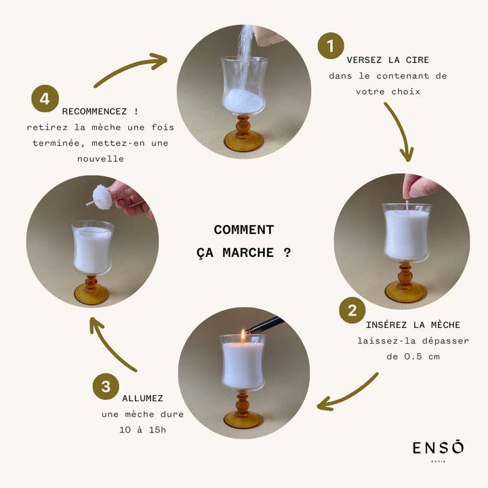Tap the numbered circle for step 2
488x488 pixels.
(352, 310)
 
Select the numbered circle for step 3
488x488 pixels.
(106, 386)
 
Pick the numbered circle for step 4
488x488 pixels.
(45, 98)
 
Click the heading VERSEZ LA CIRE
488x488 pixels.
(388, 60)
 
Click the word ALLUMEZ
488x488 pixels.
(142, 398)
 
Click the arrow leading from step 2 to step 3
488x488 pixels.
(348, 392)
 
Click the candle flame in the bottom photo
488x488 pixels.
(242, 335)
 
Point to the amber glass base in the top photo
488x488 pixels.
(243, 140)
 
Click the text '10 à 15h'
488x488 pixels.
(142, 430)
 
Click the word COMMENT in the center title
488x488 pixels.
(243, 230)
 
